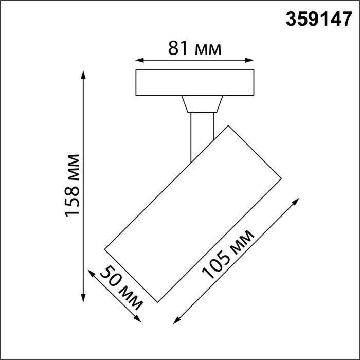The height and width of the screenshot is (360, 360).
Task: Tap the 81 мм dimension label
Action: point(195,49)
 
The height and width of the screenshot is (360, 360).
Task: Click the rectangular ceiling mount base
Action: point(194,82)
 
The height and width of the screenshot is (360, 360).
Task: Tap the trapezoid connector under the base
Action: point(203,104)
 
